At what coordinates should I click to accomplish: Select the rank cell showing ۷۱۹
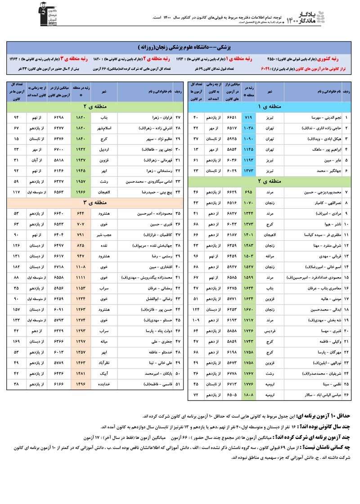tap(249, 117)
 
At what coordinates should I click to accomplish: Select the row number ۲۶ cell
tap(347, 395)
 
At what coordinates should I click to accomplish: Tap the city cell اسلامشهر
tap(104, 128)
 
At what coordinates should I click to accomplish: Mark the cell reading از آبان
tap(36, 160)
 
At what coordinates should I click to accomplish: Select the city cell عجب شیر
tap(104, 235)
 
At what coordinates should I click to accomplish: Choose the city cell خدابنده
tap(104, 384)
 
